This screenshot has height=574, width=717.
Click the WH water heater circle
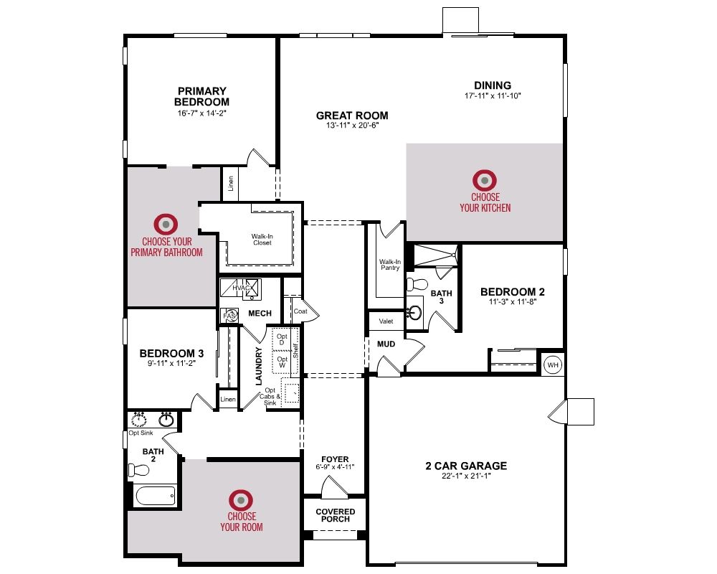pyautogui.click(x=553, y=364)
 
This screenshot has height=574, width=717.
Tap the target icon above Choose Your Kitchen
pyautogui.click(x=485, y=180)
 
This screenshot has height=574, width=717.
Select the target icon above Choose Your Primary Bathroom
pyautogui.click(x=166, y=225)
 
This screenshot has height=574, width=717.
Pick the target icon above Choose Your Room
pyautogui.click(x=241, y=500)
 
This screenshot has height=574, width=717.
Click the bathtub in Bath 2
pyautogui.click(x=156, y=495)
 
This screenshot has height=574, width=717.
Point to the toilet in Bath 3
pyautogui.click(x=416, y=284)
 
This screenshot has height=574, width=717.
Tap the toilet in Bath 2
pyautogui.click(x=139, y=470)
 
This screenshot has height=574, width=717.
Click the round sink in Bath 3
pyautogui.click(x=414, y=313)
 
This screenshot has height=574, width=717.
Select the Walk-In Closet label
pyautogui.click(x=262, y=240)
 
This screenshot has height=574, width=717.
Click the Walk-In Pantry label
pyautogui.click(x=390, y=265)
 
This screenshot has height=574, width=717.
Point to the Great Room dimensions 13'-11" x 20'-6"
pyautogui.click(x=352, y=126)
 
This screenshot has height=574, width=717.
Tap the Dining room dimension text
pyautogui.click(x=493, y=95)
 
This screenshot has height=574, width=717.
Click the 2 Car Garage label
pyautogui.click(x=466, y=466)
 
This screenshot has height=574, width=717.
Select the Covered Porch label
pyautogui.click(x=335, y=515)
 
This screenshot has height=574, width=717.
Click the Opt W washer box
pyautogui.click(x=282, y=362)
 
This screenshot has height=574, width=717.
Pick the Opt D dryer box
pyautogui.click(x=282, y=339)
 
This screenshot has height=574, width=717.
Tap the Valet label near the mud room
pyautogui.click(x=386, y=321)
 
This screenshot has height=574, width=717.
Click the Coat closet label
pyautogui.click(x=300, y=311)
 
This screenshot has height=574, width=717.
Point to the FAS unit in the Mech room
pyautogui.click(x=230, y=316)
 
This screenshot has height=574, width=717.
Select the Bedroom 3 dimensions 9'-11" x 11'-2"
pyautogui.click(x=171, y=364)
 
